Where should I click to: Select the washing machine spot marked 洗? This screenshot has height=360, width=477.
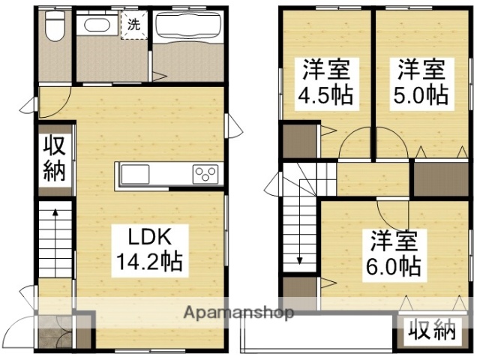[x=134, y=23]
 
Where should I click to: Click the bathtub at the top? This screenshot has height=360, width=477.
[x=185, y=28]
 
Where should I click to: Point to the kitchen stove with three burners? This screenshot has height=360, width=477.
[x=204, y=174]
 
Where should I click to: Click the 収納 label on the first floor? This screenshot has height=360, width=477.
[x=54, y=158]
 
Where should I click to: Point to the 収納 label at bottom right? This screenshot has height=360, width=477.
[x=432, y=330]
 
